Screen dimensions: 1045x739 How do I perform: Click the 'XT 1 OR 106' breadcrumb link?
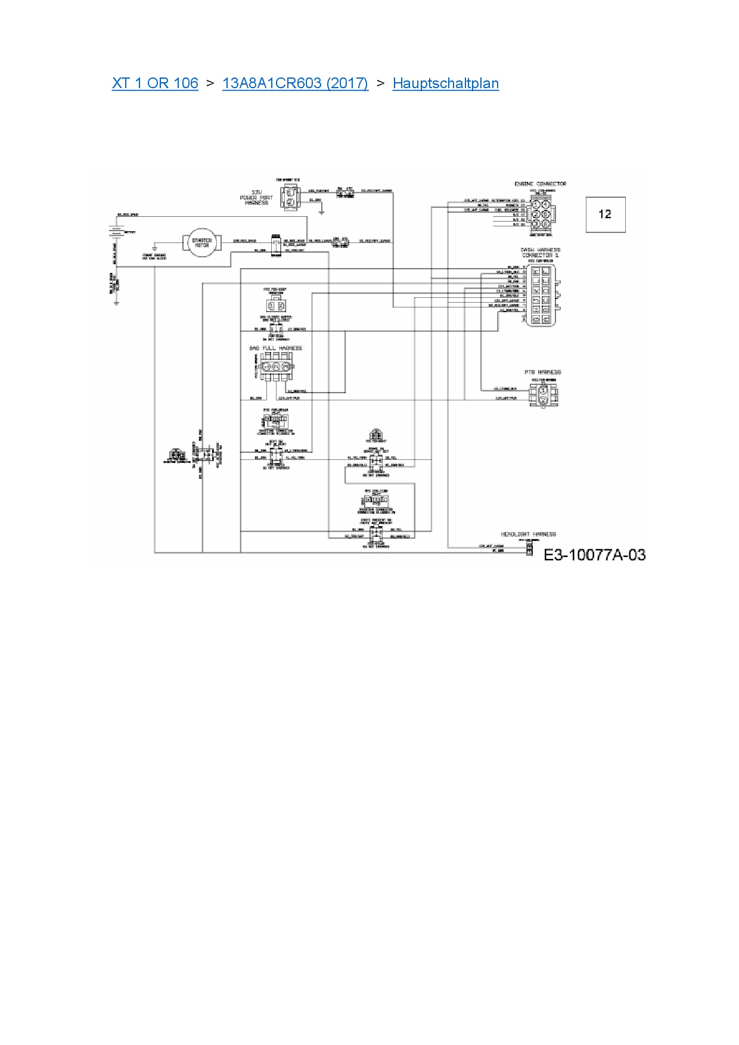point(155,83)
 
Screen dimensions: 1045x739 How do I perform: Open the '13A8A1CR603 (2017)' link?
point(295,83)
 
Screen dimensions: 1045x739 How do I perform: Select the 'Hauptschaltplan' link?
point(446,83)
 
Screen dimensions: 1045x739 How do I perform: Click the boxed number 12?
point(605,214)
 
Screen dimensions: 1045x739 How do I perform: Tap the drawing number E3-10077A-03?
point(594,555)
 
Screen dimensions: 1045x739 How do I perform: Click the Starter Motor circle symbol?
point(201,242)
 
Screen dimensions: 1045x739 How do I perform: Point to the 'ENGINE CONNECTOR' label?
point(540,184)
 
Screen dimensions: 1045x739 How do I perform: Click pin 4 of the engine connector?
point(546,214)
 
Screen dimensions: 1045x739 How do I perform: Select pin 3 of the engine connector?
point(537,214)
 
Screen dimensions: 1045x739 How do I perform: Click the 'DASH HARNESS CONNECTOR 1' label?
point(540,253)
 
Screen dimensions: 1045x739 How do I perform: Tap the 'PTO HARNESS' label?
point(542,372)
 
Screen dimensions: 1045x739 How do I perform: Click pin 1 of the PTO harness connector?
point(544,390)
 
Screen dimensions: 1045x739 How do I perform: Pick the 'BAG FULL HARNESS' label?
point(275,348)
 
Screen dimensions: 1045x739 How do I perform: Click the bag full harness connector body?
point(275,366)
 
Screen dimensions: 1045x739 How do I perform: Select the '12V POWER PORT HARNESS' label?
point(256,197)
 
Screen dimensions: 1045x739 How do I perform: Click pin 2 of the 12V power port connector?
point(290,203)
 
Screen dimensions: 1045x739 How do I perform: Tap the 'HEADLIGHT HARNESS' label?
point(528,534)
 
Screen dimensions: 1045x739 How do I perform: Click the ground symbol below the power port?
point(321,211)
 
